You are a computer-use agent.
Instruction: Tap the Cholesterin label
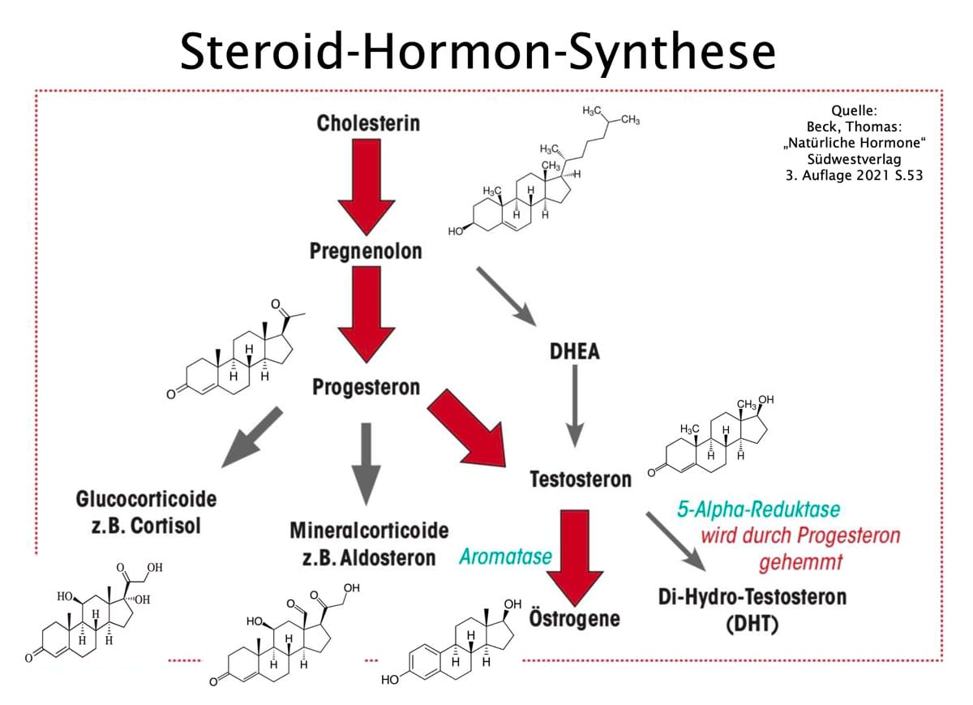(368, 123)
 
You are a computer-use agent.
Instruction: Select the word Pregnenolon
(366, 251)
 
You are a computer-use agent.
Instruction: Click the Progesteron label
(366, 387)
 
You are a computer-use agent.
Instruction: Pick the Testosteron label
(580, 479)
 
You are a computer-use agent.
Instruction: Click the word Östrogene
(574, 618)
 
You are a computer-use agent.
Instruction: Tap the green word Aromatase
(505, 557)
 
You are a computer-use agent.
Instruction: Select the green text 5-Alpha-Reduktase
(759, 510)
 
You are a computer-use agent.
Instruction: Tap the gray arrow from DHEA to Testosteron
(575, 406)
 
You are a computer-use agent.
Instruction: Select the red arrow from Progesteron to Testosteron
(467, 426)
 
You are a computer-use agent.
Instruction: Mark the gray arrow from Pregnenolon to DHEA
(506, 297)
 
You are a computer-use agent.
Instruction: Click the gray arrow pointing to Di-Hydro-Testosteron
(675, 542)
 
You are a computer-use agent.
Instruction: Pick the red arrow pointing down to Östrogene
(575, 552)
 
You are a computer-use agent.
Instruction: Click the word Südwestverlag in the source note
(855, 160)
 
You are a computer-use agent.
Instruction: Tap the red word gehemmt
(802, 561)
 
